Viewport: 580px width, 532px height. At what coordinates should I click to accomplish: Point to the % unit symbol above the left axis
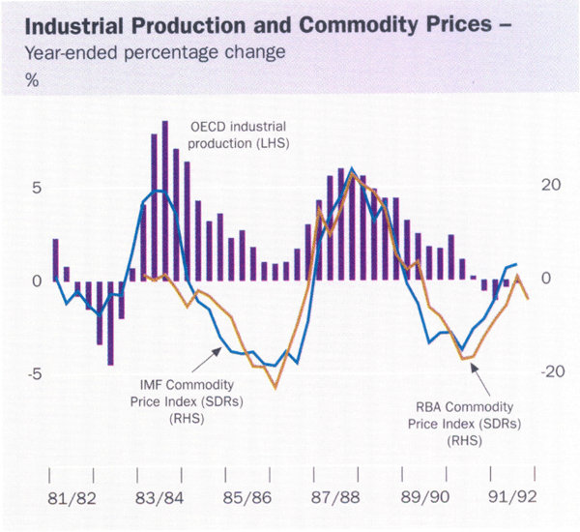point(31,80)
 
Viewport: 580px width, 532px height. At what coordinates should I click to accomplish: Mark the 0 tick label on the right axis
point(546,281)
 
